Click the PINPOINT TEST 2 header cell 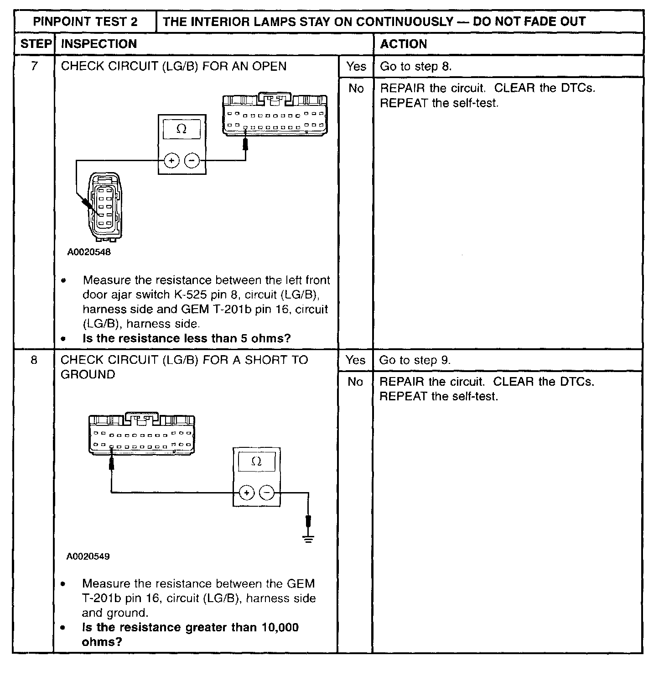pos(85,21)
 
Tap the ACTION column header pos(404,44)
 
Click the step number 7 pos(35,66)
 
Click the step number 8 pos(34,360)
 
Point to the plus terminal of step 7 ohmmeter pos(171,161)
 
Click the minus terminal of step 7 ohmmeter pos(192,161)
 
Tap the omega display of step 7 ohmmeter pos(182,129)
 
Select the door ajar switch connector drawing pos(105,206)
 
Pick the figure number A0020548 pos(89,252)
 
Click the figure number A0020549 pos(88,556)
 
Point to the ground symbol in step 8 pos(309,539)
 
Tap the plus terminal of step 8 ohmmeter pos(246,493)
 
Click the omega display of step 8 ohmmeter pos(257,462)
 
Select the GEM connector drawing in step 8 pos(142,435)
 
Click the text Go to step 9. pos(415,360)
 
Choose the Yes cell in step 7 pos(356,67)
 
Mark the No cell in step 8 pos(355,382)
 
